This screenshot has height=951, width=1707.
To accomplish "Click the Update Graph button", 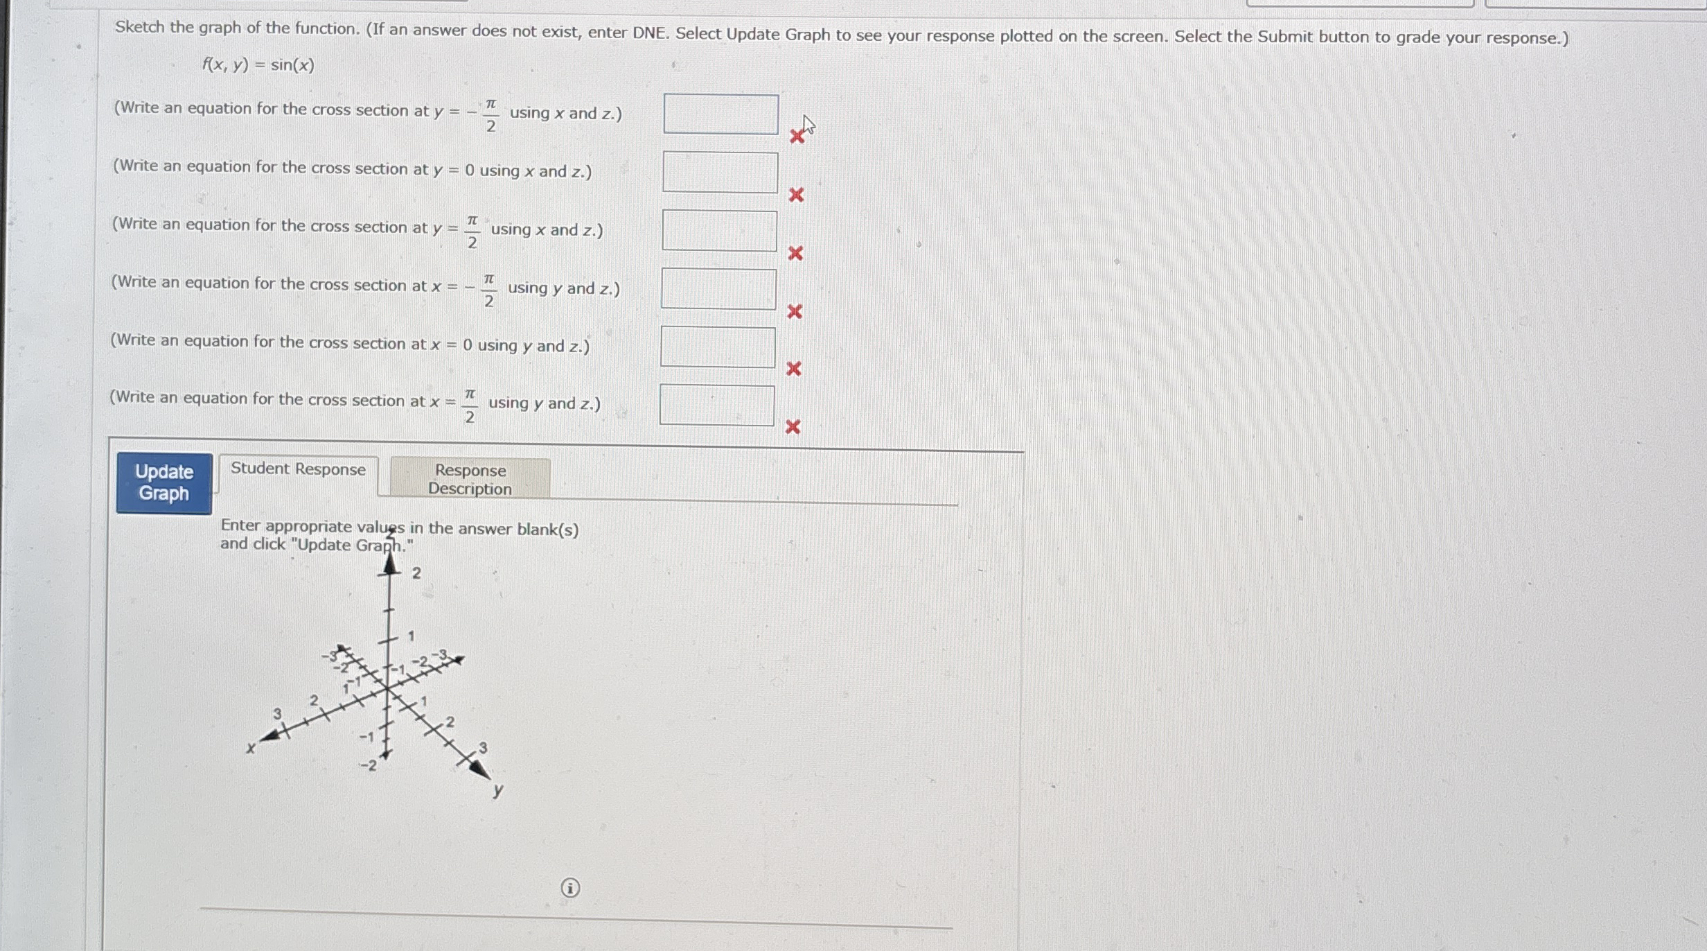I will pyautogui.click(x=164, y=483).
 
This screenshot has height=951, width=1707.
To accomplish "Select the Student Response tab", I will pyautogui.click(x=298, y=469).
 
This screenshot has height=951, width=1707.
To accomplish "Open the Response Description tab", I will pyautogui.click(x=470, y=479).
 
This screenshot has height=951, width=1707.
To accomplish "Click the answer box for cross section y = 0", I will pyautogui.click(x=720, y=173).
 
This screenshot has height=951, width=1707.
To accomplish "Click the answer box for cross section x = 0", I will pyautogui.click(x=718, y=347).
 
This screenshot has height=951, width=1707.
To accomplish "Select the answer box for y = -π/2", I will pyautogui.click(x=720, y=114).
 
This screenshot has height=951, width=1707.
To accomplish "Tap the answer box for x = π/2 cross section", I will pyautogui.click(x=717, y=405).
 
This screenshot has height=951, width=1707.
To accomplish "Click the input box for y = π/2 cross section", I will pyautogui.click(x=719, y=231).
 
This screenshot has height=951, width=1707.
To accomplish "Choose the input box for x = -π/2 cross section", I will pyautogui.click(x=718, y=289).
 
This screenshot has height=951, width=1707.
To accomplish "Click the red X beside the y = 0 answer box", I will pyautogui.click(x=797, y=195).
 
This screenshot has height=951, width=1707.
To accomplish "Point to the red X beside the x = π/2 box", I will pyautogui.click(x=793, y=427).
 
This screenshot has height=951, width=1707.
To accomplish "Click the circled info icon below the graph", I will pyautogui.click(x=570, y=888).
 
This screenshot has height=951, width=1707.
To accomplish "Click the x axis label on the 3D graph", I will pyautogui.click(x=251, y=749).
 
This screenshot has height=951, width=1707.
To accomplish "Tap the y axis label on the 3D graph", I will pyautogui.click(x=498, y=791).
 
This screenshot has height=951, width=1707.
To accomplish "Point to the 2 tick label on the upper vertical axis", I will pyautogui.click(x=416, y=573).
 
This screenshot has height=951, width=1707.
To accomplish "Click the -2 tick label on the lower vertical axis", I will pyautogui.click(x=368, y=766).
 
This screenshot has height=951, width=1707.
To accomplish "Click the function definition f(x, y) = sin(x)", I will pyautogui.click(x=258, y=65).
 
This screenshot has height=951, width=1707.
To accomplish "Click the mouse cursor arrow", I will pyautogui.click(x=808, y=125).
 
